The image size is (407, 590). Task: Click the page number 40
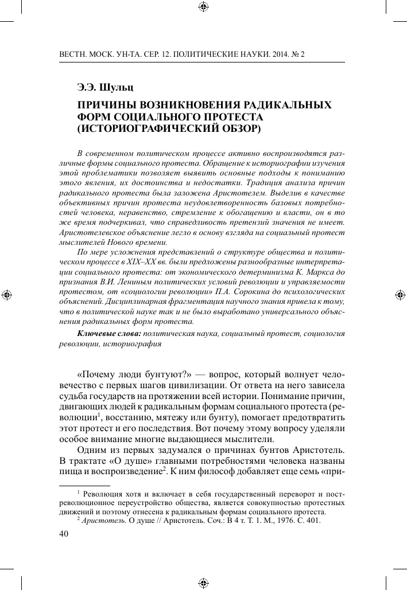(x=64, y=534)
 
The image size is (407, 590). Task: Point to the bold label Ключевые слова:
(x=108, y=334)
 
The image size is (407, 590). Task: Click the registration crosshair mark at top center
(x=203, y=7)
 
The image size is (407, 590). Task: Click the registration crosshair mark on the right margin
(x=400, y=295)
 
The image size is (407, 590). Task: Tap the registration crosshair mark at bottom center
(x=203, y=582)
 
